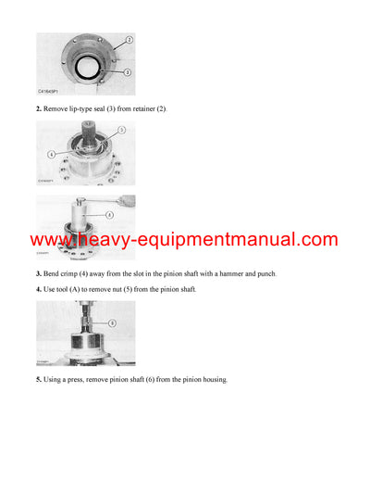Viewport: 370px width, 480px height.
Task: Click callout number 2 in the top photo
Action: (x=129, y=40)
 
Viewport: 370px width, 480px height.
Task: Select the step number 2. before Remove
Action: (x=40, y=109)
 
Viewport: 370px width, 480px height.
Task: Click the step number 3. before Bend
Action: (x=40, y=273)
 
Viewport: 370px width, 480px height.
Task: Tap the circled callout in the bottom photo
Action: (x=112, y=323)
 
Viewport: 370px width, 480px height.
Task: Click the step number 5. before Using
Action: (x=40, y=379)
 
